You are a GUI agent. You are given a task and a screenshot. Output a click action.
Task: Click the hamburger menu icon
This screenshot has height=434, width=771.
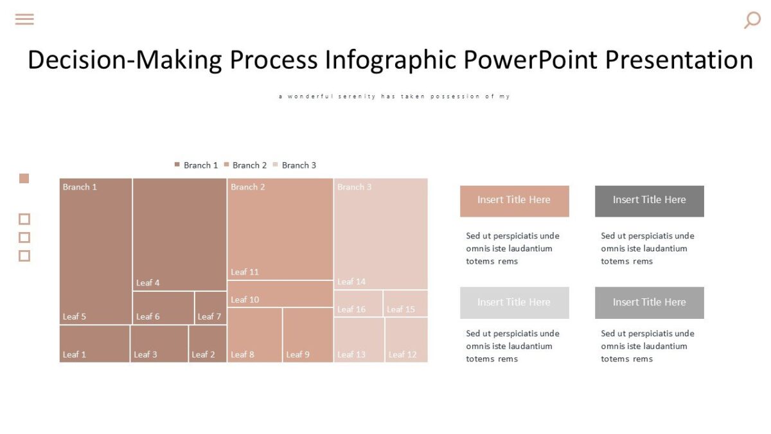tap(24, 19)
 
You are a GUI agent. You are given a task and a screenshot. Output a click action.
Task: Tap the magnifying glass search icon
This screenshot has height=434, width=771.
tap(752, 20)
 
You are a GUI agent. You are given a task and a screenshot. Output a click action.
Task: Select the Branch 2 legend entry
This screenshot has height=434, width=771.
tap(245, 165)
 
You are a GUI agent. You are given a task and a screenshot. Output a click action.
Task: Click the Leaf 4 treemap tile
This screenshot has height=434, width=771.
tap(179, 235)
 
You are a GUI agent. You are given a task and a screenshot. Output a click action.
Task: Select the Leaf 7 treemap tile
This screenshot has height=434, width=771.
tap(210, 309)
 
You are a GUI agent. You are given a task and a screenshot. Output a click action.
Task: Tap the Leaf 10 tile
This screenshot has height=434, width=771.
tap(280, 294)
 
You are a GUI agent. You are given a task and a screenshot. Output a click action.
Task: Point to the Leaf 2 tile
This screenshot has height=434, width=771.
tap(208, 344)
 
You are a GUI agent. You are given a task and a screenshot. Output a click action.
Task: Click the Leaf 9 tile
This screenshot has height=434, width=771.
tap(308, 335)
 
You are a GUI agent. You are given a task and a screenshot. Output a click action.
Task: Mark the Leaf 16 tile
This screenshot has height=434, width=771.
tap(358, 303)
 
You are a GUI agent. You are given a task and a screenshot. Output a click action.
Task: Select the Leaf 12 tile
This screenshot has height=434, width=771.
tap(406, 340)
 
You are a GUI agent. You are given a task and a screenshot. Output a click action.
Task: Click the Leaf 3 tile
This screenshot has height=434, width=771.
tap(159, 344)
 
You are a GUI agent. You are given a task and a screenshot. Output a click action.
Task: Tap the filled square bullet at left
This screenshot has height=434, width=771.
tap(24, 179)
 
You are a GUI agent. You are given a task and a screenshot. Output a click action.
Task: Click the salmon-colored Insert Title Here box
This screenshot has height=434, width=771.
tap(514, 201)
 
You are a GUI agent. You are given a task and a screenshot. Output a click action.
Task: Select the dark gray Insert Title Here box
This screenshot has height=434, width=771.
tap(649, 201)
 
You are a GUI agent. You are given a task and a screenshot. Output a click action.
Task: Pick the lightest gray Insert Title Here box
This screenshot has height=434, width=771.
tap(514, 303)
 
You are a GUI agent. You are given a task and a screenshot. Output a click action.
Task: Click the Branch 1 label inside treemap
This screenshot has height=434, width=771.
tap(80, 187)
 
